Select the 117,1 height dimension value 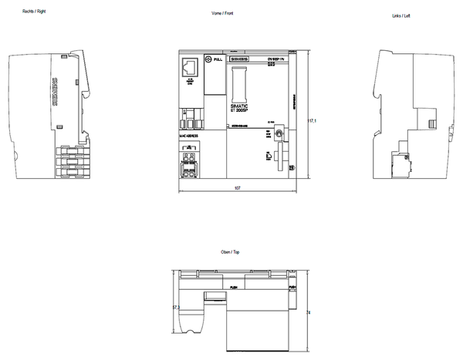point(313,120)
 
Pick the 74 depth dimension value point(308,312)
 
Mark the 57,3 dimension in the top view point(176,308)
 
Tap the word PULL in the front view point(218,59)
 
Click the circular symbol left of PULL point(208,59)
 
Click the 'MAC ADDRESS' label point(189,135)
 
